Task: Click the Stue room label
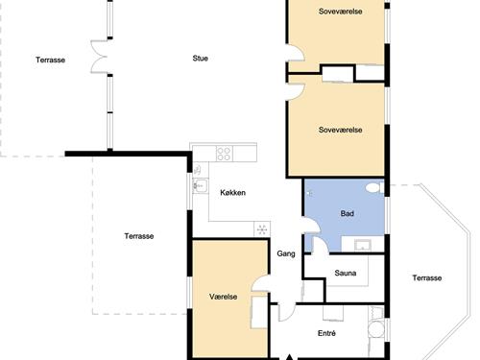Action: point(201,59)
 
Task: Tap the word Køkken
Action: point(233,193)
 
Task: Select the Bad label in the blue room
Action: point(348,213)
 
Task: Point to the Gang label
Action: point(286,253)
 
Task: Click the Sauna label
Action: point(346,273)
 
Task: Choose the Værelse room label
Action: point(224,297)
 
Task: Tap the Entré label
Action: point(326,333)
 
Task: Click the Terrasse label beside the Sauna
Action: point(427,277)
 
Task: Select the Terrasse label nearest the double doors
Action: point(50,60)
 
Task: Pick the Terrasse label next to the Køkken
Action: point(139,236)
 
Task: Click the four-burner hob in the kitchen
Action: point(224,154)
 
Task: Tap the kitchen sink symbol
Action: point(200,185)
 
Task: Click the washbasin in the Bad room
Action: point(363,245)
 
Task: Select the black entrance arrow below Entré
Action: point(289,357)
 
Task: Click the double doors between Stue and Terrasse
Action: point(99,57)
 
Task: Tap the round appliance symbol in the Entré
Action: point(376,329)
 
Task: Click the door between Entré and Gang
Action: point(287,311)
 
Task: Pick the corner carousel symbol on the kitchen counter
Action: point(262,229)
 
